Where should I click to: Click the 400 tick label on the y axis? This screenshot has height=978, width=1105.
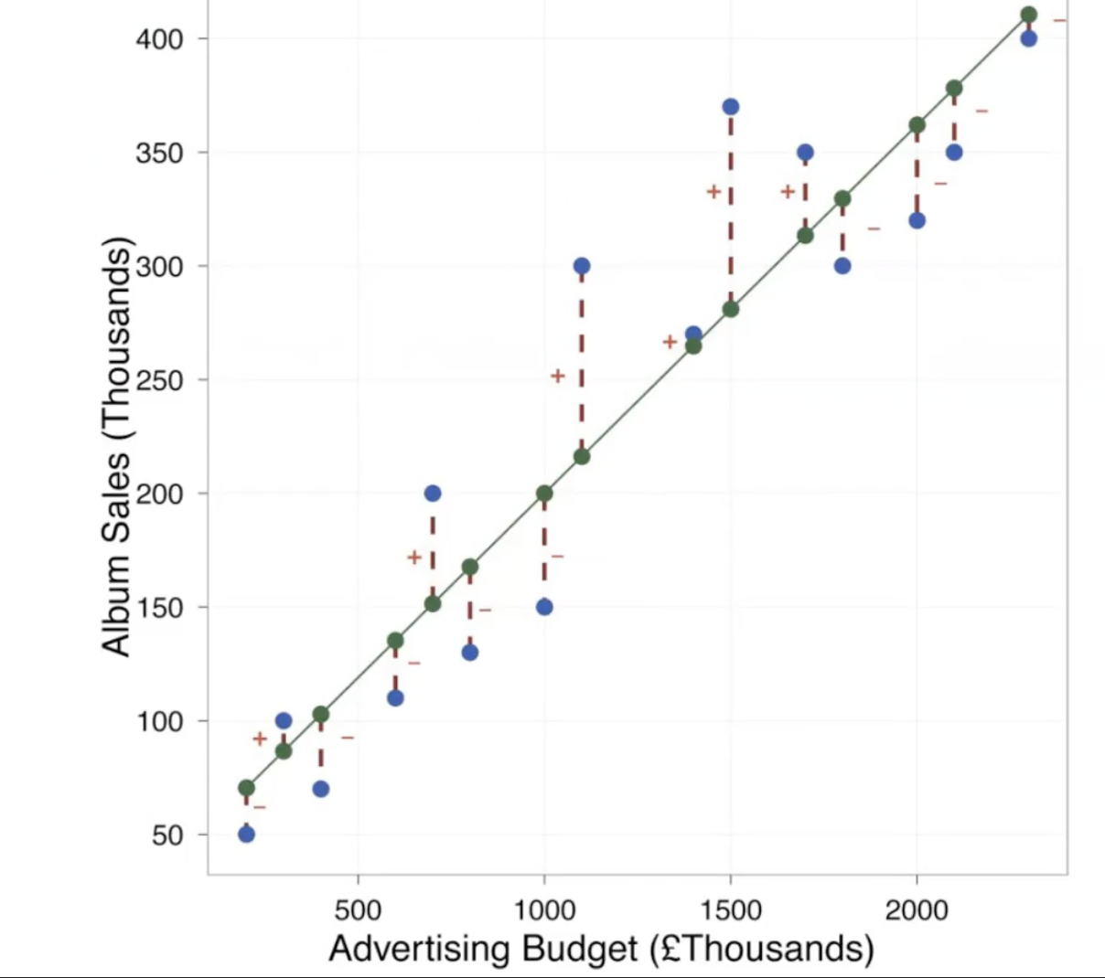pyautogui.click(x=160, y=39)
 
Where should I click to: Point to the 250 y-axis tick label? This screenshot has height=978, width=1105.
pyautogui.click(x=160, y=380)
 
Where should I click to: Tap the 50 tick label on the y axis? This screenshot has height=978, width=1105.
pyautogui.click(x=167, y=835)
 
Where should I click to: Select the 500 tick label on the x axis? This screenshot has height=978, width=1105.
pyautogui.click(x=358, y=910)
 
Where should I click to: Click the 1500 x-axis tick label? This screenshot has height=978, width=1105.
pyautogui.click(x=730, y=910)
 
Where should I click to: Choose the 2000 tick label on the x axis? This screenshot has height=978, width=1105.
pyautogui.click(x=917, y=910)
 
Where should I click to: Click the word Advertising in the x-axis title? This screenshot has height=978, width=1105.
pyautogui.click(x=419, y=949)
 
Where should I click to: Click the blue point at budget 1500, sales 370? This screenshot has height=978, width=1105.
pyautogui.click(x=730, y=107)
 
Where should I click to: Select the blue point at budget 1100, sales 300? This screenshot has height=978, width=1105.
pyautogui.click(x=582, y=266)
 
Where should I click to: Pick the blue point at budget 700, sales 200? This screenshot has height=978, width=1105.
pyautogui.click(x=433, y=494)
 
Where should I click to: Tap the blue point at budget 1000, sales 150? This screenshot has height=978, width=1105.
pyautogui.click(x=544, y=607)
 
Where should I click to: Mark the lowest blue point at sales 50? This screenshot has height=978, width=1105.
pyautogui.click(x=246, y=834)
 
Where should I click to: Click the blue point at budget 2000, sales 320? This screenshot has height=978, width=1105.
pyautogui.click(x=917, y=220)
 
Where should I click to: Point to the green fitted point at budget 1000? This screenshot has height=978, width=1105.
pyautogui.click(x=544, y=494)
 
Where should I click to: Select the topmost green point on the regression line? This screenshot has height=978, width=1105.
pyautogui.click(x=1028, y=15)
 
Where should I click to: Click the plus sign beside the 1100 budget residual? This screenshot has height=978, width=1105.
pyautogui.click(x=558, y=376)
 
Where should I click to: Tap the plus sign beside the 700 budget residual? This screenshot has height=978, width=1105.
pyautogui.click(x=414, y=557)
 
